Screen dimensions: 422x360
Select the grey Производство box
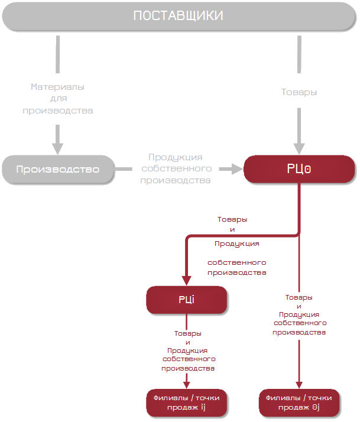click(57, 170)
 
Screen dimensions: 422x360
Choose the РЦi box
click(187, 300)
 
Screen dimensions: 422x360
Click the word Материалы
click(57, 87)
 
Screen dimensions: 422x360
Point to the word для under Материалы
click(57, 99)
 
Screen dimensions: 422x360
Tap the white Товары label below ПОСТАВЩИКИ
click(299, 92)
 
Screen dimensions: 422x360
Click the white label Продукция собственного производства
click(176, 168)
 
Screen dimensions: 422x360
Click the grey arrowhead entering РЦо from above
click(299, 148)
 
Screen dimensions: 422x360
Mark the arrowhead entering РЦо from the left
click(238, 169)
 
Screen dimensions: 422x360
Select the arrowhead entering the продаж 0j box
click(299, 384)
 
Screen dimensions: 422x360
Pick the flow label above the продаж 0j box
click(299, 314)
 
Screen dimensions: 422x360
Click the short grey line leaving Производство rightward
click(124, 170)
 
